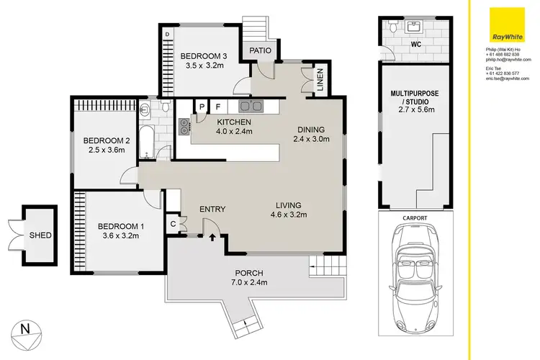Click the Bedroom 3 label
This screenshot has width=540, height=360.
click(203, 56)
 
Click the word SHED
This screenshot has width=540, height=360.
click(40, 234)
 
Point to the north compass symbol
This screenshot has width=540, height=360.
click(26, 331)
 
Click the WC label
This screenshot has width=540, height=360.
click(415, 44)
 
